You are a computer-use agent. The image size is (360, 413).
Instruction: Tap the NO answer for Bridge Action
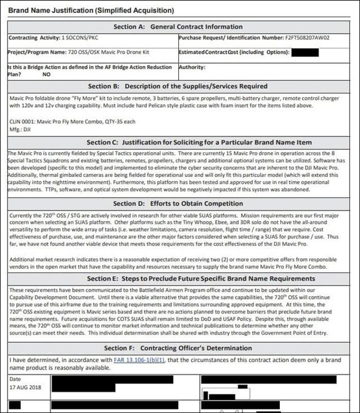tap(46, 75)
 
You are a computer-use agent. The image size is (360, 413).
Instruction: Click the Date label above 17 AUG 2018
tap(15, 379)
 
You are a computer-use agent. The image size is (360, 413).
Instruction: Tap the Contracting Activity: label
tap(33, 38)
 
